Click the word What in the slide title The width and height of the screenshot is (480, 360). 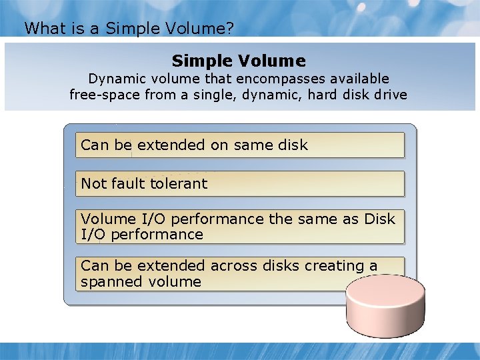click(41, 28)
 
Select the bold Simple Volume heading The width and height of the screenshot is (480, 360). click(239, 61)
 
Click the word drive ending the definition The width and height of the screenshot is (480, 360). click(391, 95)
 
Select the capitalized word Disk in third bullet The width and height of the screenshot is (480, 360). click(380, 219)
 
